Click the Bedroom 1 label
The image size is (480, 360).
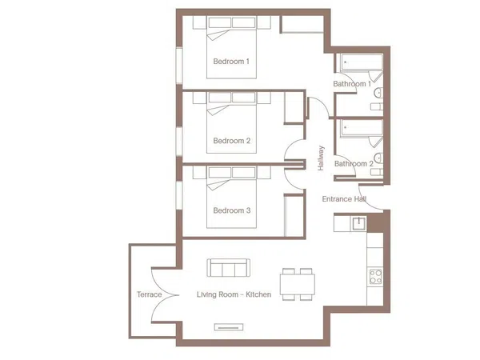click(231, 62)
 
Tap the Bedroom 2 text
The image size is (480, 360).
click(232, 141)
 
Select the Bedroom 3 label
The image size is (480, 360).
click(232, 210)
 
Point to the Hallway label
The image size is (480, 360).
click(321, 158)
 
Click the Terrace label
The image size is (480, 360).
click(150, 294)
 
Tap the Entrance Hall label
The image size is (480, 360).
click(344, 199)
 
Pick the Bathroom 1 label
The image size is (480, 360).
click(352, 84)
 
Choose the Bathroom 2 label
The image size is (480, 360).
click(354, 164)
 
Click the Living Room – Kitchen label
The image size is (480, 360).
click(234, 294)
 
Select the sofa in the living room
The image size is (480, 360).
click(228, 268)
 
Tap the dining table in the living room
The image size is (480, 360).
click(298, 284)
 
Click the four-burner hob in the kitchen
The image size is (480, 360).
click(375, 277)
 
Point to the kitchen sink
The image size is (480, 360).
click(358, 223)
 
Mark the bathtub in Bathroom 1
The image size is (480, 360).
click(362, 62)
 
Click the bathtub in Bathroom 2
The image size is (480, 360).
click(362, 128)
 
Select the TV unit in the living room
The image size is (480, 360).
click(229, 327)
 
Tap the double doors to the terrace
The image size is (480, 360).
click(166, 295)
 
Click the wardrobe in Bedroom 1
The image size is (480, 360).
click(302, 24)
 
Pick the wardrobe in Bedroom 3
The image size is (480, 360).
click(294, 215)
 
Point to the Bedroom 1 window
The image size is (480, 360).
click(179, 65)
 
